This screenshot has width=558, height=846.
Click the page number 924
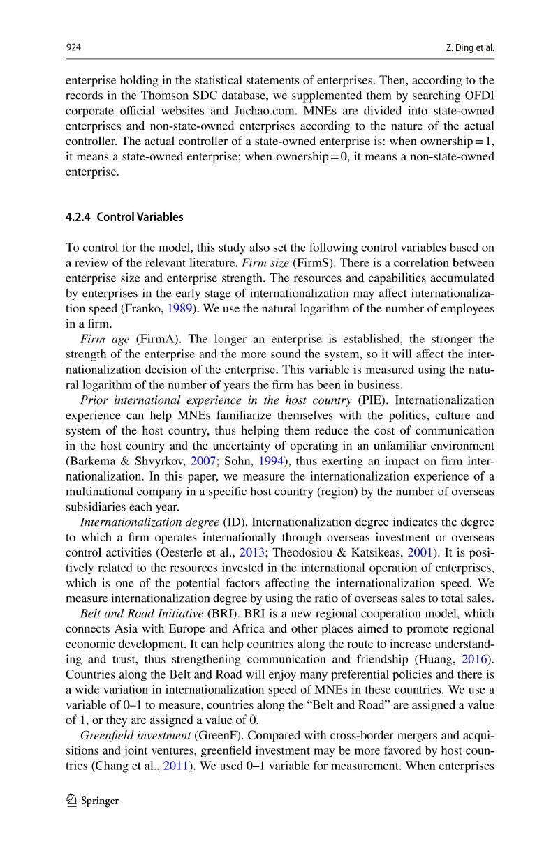73,47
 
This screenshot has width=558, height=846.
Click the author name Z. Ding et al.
469,47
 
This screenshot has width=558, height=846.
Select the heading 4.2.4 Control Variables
124,217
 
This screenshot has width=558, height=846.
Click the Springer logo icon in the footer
71,801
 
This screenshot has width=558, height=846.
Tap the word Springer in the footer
100,801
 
